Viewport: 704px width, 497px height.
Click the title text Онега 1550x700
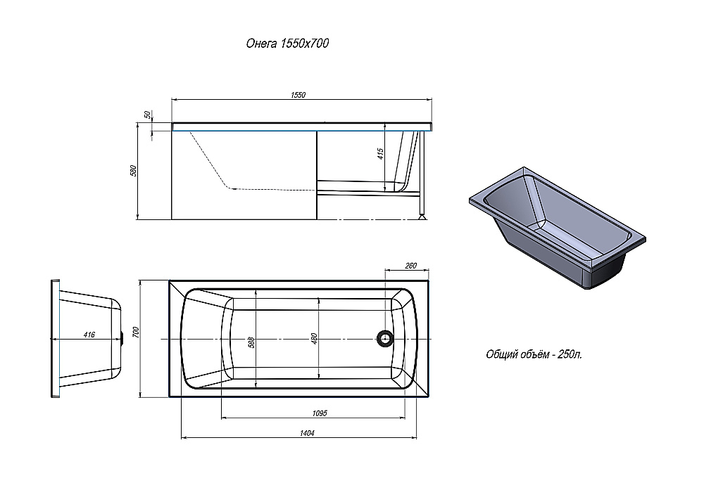[287, 43]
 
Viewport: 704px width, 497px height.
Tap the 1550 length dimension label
[298, 95]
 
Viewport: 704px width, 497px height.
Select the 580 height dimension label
[133, 171]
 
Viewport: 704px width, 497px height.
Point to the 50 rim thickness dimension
[147, 115]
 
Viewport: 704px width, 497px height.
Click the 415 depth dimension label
[381, 154]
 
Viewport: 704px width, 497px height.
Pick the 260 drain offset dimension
[411, 266]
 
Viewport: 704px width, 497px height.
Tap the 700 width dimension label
[137, 333]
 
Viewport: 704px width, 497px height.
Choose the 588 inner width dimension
[251, 343]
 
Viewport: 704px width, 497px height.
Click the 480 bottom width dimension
[314, 339]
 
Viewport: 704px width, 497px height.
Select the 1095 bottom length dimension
[319, 413]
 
